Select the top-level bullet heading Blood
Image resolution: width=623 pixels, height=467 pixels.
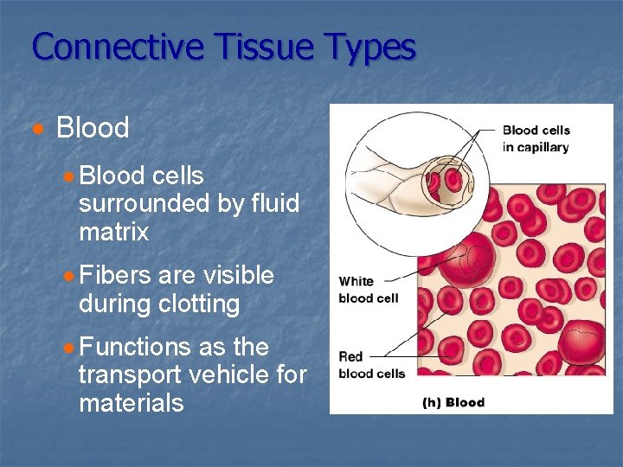click(92, 128)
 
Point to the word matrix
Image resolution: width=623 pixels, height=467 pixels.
click(113, 232)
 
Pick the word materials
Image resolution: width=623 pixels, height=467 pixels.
click(131, 402)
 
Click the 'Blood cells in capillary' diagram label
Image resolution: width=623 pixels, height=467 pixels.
click(536, 138)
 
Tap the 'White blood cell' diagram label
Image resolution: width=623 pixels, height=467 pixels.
click(368, 290)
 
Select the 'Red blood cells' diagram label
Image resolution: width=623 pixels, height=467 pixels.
click(371, 365)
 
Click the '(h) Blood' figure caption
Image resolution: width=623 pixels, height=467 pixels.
click(453, 402)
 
